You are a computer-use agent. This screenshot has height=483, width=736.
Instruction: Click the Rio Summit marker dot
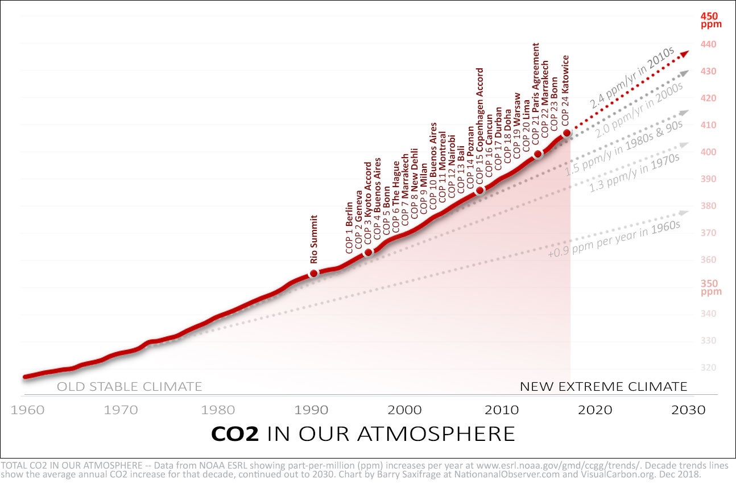pos(313,274)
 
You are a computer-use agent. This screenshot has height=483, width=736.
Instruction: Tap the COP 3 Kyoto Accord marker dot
pos(368,252)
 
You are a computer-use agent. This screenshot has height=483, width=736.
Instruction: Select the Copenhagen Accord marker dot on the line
pos(480,191)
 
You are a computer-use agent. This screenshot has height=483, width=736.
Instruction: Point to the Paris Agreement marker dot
pos(538,154)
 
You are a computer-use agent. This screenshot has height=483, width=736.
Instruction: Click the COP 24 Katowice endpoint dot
pos(567,133)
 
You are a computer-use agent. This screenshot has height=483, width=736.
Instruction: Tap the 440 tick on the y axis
pos(708,44)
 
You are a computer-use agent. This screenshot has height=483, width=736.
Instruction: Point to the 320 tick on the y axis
pos(708,368)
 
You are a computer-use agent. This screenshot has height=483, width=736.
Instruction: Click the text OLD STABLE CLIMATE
pos(129,387)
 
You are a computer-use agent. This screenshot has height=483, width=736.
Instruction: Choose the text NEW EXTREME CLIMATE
pos(603,387)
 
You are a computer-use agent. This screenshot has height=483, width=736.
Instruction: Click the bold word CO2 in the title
pos(235,434)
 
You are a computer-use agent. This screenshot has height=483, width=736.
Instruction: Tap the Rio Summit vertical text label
pos(314,239)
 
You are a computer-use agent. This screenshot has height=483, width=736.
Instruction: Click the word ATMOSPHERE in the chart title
pos(436,434)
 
